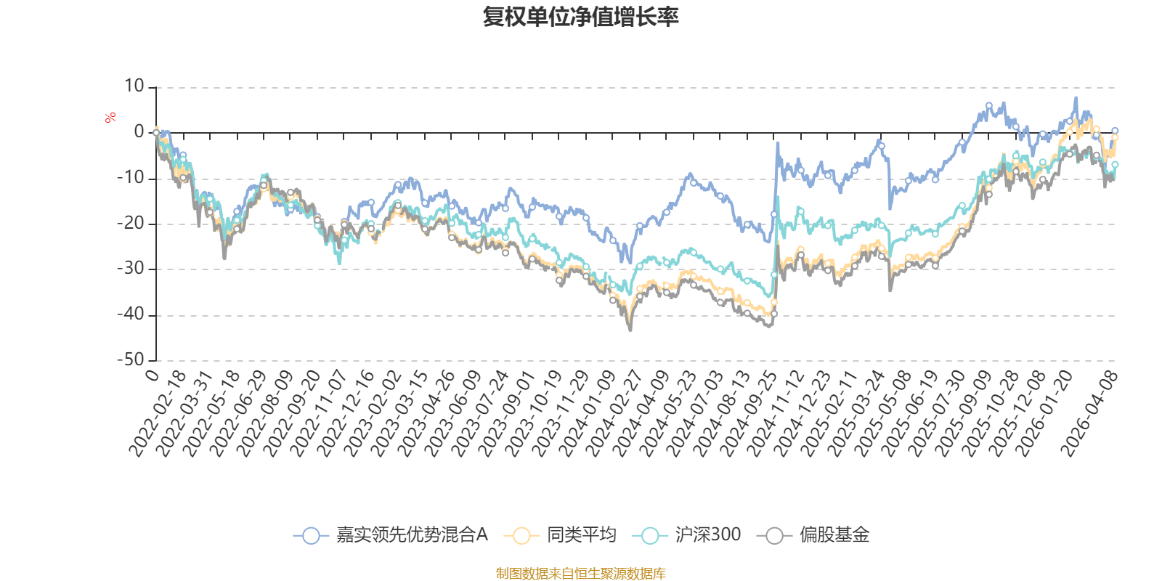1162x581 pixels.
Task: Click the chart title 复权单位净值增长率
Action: click(x=580, y=17)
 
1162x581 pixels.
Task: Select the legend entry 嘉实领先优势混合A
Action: click(x=391, y=535)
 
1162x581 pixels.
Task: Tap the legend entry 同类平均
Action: click(x=560, y=535)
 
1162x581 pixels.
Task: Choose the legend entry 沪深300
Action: click(x=686, y=535)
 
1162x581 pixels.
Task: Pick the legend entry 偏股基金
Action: click(x=813, y=535)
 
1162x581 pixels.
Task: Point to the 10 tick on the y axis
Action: click(x=134, y=86)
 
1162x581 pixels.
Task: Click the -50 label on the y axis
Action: click(x=130, y=359)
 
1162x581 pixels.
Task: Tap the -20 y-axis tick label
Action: click(x=130, y=223)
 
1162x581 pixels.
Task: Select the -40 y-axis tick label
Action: click(x=130, y=314)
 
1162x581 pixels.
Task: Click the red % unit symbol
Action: click(x=110, y=118)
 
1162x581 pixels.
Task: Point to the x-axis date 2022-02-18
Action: click(x=158, y=414)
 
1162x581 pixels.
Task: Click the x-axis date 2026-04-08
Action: click(x=1089, y=414)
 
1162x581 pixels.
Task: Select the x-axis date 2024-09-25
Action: click(x=748, y=414)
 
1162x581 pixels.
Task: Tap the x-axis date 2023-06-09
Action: click(x=453, y=414)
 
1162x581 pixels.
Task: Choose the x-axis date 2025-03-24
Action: click(x=856, y=414)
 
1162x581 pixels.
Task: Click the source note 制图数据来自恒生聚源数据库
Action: click(x=580, y=573)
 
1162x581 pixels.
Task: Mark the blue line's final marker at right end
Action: click(x=1115, y=131)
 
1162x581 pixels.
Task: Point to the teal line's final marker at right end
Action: click(x=1115, y=164)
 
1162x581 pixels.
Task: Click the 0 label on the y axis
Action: click(x=139, y=131)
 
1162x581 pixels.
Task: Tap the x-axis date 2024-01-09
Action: click(x=588, y=414)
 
